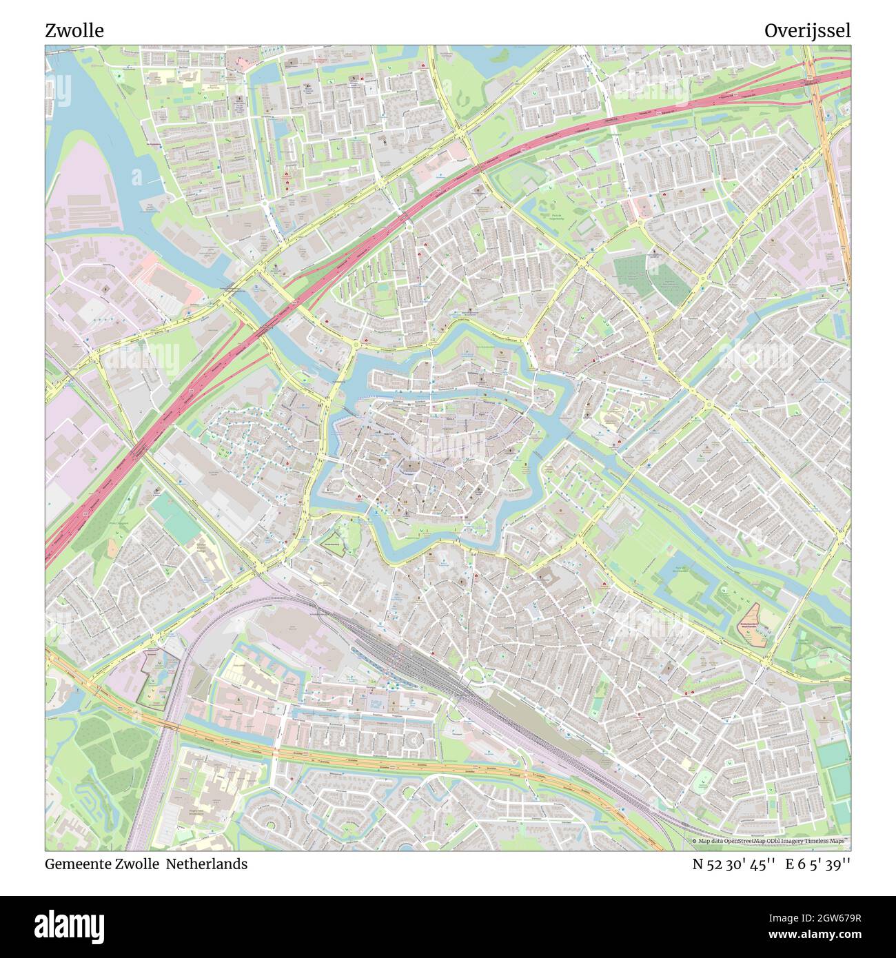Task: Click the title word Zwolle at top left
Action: coord(74,31)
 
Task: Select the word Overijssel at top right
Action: coord(807,31)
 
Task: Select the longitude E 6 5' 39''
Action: coord(821,864)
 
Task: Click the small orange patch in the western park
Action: coord(112,548)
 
